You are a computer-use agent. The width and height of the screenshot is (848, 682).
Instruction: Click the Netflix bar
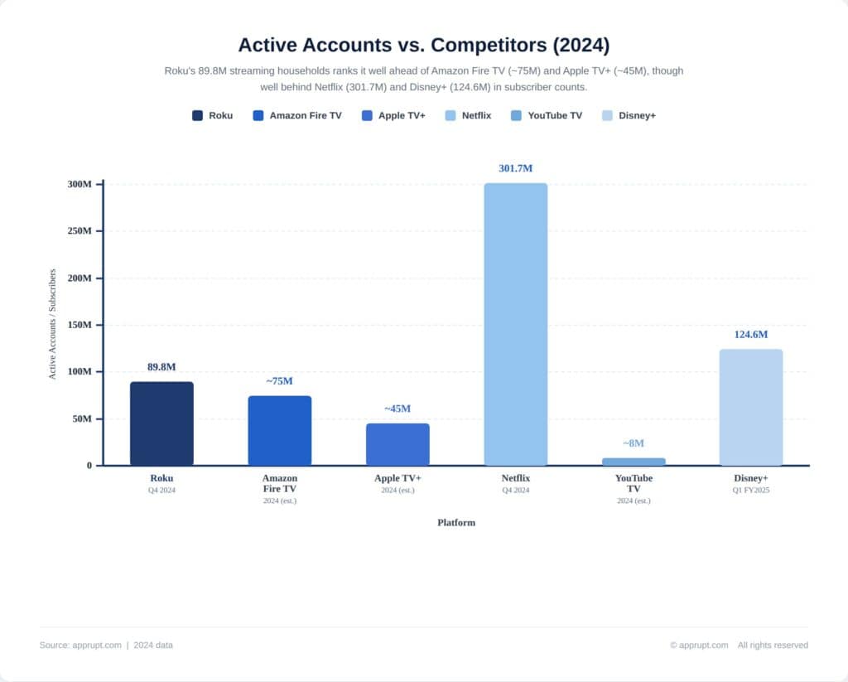[515, 324]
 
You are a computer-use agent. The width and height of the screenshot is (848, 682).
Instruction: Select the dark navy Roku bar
[161, 423]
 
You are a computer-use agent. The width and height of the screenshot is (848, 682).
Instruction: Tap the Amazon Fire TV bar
[280, 430]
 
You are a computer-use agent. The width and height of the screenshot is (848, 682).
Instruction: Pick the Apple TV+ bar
[397, 444]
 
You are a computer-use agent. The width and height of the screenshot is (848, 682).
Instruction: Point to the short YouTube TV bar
[634, 462]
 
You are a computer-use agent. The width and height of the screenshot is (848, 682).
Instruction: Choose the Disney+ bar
[750, 407]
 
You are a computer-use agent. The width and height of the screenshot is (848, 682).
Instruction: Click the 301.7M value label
[515, 168]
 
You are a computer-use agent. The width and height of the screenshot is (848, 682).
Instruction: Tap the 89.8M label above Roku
[161, 367]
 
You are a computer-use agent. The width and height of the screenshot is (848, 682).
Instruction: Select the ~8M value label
[634, 443]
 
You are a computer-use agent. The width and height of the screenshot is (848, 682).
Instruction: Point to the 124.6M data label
[750, 335]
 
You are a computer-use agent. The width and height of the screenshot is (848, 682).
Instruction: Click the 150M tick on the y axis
[79, 325]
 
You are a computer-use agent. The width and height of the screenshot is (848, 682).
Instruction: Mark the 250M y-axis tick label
[79, 231]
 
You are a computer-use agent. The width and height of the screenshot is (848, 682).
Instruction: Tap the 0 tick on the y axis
[89, 466]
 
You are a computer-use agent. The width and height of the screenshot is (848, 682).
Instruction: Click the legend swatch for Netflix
[450, 116]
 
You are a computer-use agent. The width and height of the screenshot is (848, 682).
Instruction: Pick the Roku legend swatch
[197, 116]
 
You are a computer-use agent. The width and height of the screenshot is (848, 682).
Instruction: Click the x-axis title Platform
[456, 523]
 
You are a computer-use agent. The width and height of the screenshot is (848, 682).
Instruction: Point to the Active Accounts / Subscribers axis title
[52, 324]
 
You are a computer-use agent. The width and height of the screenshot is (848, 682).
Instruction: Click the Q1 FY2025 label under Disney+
[750, 490]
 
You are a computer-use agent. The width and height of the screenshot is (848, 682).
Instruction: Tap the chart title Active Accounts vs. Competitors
[423, 44]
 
